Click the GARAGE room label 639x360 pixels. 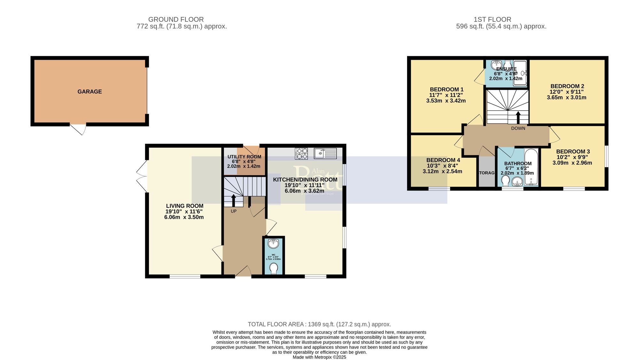tap(89, 92)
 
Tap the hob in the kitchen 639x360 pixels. tap(301, 153)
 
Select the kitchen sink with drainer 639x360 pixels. tap(325, 153)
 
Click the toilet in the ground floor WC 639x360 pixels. tap(273, 268)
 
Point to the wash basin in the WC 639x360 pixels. tap(273, 244)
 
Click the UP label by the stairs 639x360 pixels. tap(234, 211)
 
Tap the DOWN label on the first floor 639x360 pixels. tap(518, 128)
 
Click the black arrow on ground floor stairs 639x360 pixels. tap(233, 200)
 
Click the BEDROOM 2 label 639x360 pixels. tap(567, 86)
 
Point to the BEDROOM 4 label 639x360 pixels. tap(443, 160)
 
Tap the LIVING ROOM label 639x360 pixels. tap(184, 206)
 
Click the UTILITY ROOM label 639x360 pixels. tap(244, 157)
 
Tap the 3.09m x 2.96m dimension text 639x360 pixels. tap(572, 163)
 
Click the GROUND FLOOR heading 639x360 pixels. tap(176, 20)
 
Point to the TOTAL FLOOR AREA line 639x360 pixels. tap(319, 324)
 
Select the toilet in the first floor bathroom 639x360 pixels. tap(505, 181)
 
